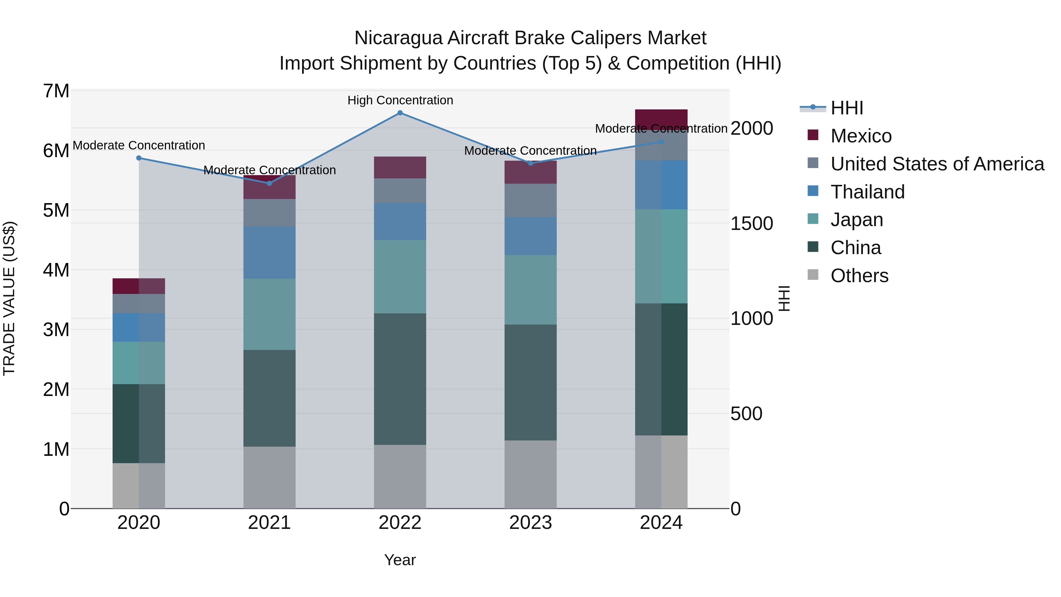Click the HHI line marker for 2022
[x=400, y=113]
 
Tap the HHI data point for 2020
[x=139, y=158]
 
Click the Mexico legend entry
[x=861, y=136]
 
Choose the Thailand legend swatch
[x=813, y=191]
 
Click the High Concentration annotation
[x=400, y=101]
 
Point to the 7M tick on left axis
[x=56, y=91]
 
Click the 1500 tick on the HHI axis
[x=752, y=224]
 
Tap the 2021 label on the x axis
[x=269, y=523]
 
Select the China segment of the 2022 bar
[x=400, y=379]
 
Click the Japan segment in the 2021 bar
[x=269, y=314]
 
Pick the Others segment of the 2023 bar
[x=530, y=474]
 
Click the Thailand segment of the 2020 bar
[x=139, y=328]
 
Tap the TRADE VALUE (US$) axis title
[x=9, y=298]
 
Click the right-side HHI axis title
[x=785, y=298]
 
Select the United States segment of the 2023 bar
[x=530, y=201]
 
